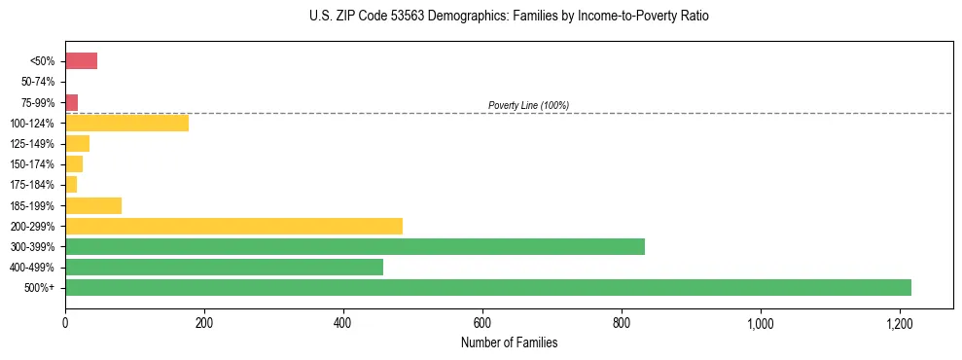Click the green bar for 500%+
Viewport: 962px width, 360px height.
[x=487, y=287]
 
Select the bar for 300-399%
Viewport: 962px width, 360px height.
[x=354, y=246]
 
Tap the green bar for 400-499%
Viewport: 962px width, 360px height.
[x=224, y=267]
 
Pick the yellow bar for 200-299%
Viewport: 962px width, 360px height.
[x=233, y=226]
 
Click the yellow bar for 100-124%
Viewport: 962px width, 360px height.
[x=126, y=123]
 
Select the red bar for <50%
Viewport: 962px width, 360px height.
[x=81, y=61]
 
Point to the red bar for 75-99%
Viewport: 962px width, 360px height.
[x=71, y=102]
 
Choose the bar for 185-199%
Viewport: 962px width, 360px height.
[x=93, y=205]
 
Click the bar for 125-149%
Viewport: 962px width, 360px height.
[x=77, y=143]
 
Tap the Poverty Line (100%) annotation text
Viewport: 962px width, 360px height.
[x=528, y=105]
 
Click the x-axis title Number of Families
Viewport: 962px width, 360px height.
[x=509, y=342]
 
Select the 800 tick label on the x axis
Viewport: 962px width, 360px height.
[x=621, y=323]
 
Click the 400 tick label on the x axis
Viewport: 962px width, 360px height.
[x=342, y=323]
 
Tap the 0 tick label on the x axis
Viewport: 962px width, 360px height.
[x=65, y=323]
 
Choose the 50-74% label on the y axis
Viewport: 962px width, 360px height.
[x=38, y=82]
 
